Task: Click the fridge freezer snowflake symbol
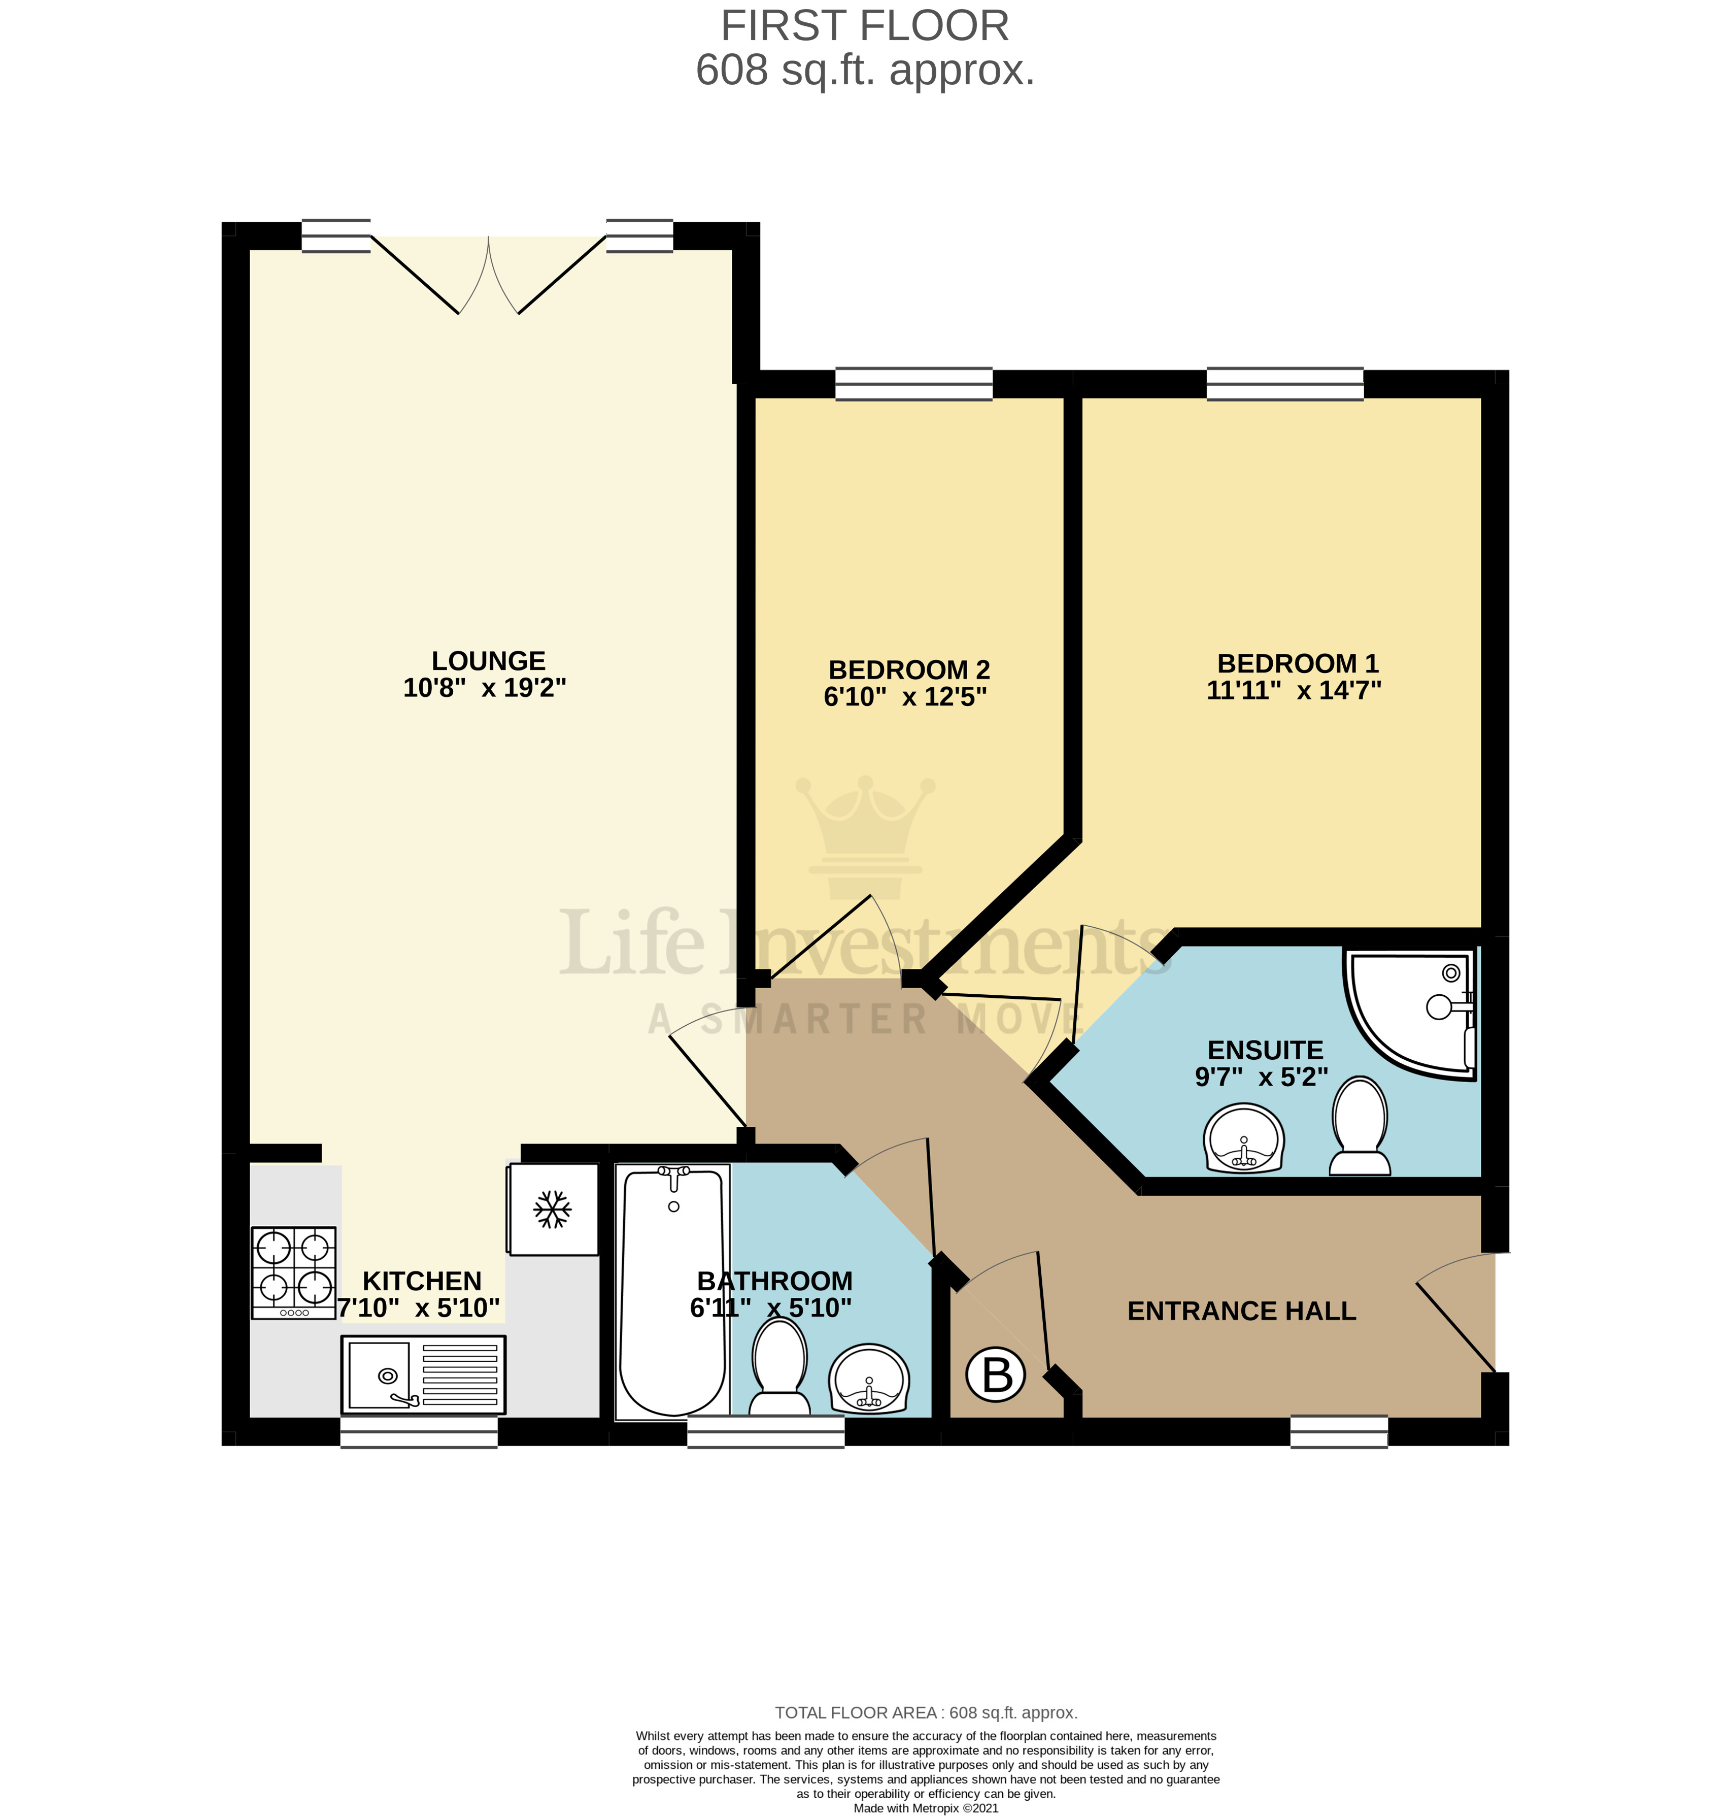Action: coord(553,1210)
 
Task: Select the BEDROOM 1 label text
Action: coord(1297,663)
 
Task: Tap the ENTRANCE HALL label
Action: coord(1241,1311)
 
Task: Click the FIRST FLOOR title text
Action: coord(865,26)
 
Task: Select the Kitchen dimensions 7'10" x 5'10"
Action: coord(418,1307)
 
